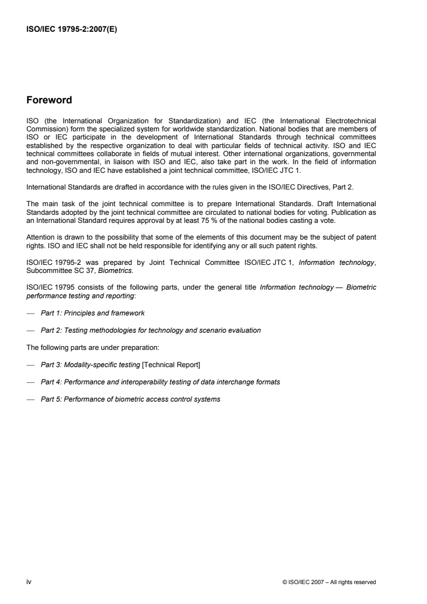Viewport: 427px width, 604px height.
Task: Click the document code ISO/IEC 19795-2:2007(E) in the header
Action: (71, 30)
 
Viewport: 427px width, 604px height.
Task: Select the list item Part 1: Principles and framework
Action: (93, 313)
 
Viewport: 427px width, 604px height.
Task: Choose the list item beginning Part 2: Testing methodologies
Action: (151, 330)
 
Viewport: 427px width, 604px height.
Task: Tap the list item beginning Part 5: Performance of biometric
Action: (130, 399)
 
